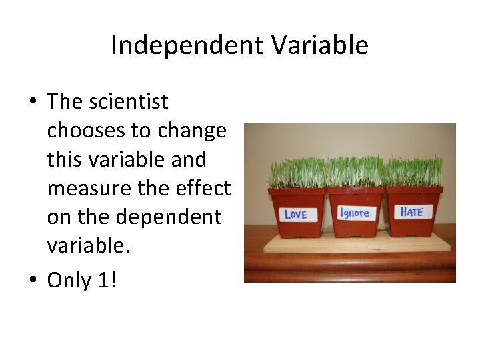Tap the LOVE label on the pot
pyautogui.click(x=296, y=214)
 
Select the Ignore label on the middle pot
pyautogui.click(x=355, y=213)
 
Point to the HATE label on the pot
pyautogui.click(x=412, y=212)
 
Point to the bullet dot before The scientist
pyautogui.click(x=32, y=103)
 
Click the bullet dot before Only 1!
pyautogui.click(x=32, y=281)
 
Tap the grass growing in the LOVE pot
pyautogui.click(x=296, y=172)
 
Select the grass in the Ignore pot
pyautogui.click(x=355, y=171)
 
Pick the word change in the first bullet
pyautogui.click(x=193, y=131)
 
